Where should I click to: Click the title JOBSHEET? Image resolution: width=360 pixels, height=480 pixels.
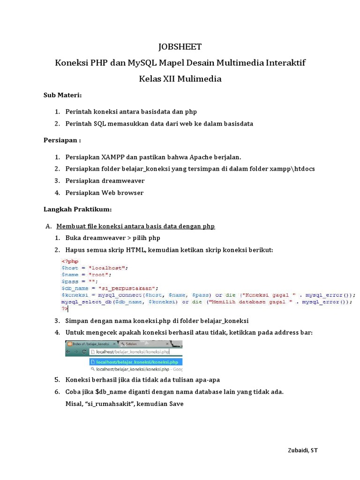coord(180,46)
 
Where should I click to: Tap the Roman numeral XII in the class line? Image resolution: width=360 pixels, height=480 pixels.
coord(167,79)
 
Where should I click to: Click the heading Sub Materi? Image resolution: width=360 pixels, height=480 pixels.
coord(63,96)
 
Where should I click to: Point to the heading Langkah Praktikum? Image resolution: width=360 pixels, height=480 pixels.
coord(77,209)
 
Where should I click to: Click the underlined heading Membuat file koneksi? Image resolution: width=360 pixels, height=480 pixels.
coord(135,226)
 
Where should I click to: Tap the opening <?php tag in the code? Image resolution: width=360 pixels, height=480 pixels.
coord(70,261)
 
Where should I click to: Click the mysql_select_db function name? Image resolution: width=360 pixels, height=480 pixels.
coord(84,302)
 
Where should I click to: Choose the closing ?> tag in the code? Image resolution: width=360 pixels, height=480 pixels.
coord(65,309)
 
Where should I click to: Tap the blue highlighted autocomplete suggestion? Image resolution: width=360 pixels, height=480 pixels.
coord(135,362)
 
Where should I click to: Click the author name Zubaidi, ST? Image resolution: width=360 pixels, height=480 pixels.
coord(302,450)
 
